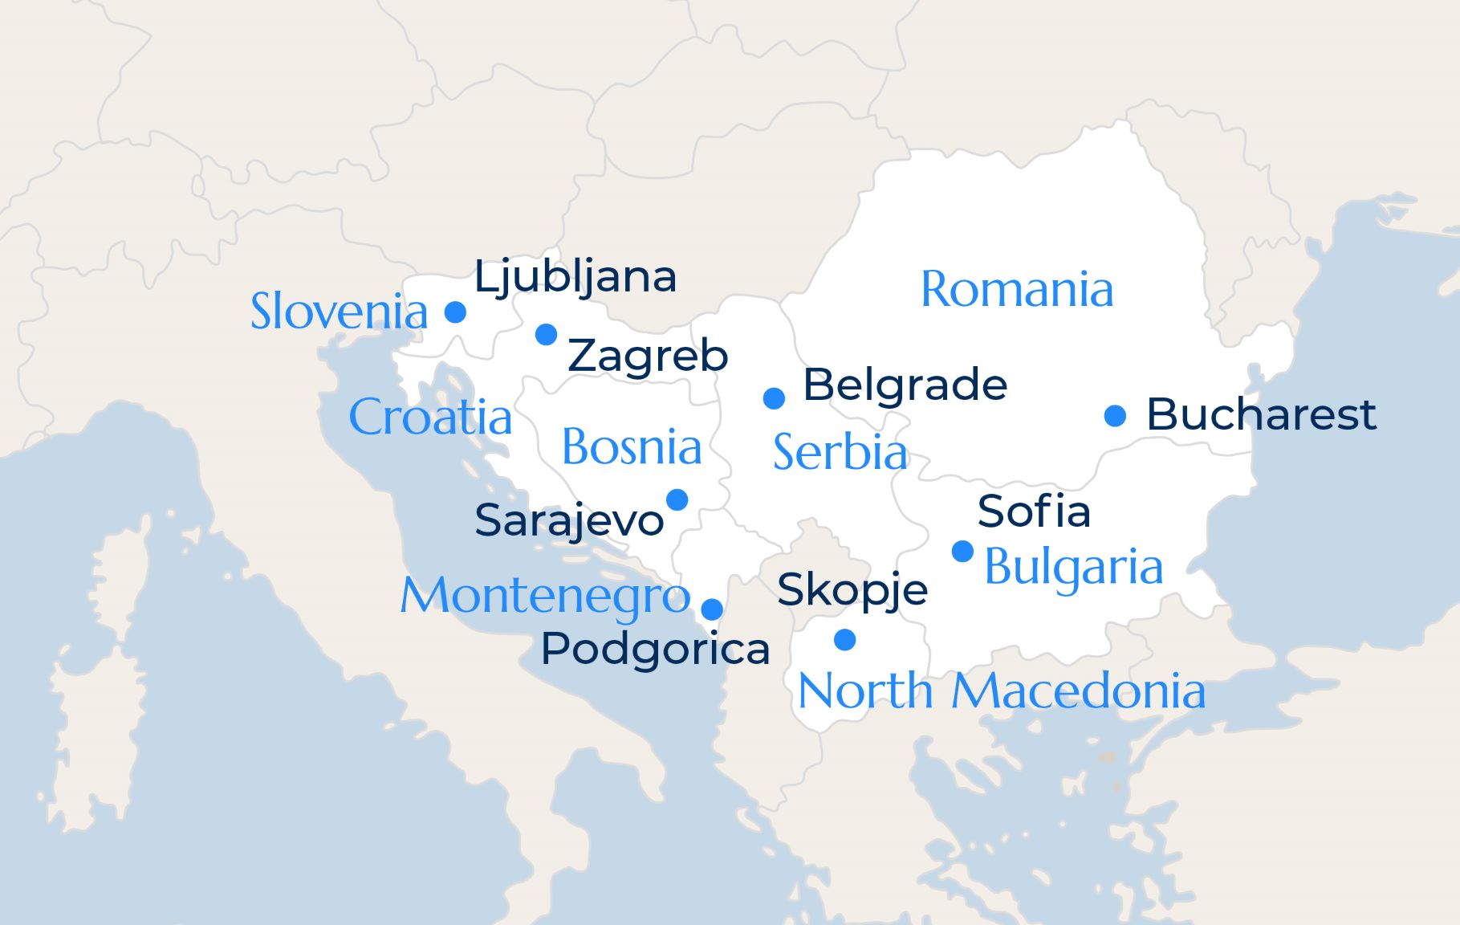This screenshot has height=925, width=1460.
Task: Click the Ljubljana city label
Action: [x=575, y=278]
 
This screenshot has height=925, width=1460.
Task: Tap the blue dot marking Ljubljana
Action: [x=455, y=312]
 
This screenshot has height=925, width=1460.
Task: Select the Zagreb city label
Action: [x=648, y=356]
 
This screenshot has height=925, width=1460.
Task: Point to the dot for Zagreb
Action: [x=547, y=334]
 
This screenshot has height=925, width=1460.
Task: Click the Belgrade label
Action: [x=905, y=385]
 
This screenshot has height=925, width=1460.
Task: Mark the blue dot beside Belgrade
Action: [x=774, y=397]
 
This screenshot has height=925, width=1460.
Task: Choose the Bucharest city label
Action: [x=1261, y=414]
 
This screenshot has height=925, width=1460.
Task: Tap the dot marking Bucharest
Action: [x=1115, y=415]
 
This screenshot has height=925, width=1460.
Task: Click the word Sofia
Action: [x=1034, y=511]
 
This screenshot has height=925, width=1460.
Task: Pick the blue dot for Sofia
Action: [x=962, y=552]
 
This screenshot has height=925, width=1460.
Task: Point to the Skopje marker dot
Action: [x=844, y=640]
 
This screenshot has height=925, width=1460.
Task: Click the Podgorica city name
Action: [x=655, y=649]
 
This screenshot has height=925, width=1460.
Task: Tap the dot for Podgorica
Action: [x=712, y=609]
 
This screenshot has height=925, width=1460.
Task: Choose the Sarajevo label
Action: [x=568, y=521]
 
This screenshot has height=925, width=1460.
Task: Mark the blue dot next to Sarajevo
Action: [x=677, y=499]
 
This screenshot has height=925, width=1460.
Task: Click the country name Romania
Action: [x=1017, y=289]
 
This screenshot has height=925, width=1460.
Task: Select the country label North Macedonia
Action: [x=1001, y=691]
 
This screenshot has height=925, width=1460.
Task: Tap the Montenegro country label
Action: [x=545, y=597]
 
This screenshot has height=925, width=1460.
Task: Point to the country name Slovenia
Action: [x=339, y=312]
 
